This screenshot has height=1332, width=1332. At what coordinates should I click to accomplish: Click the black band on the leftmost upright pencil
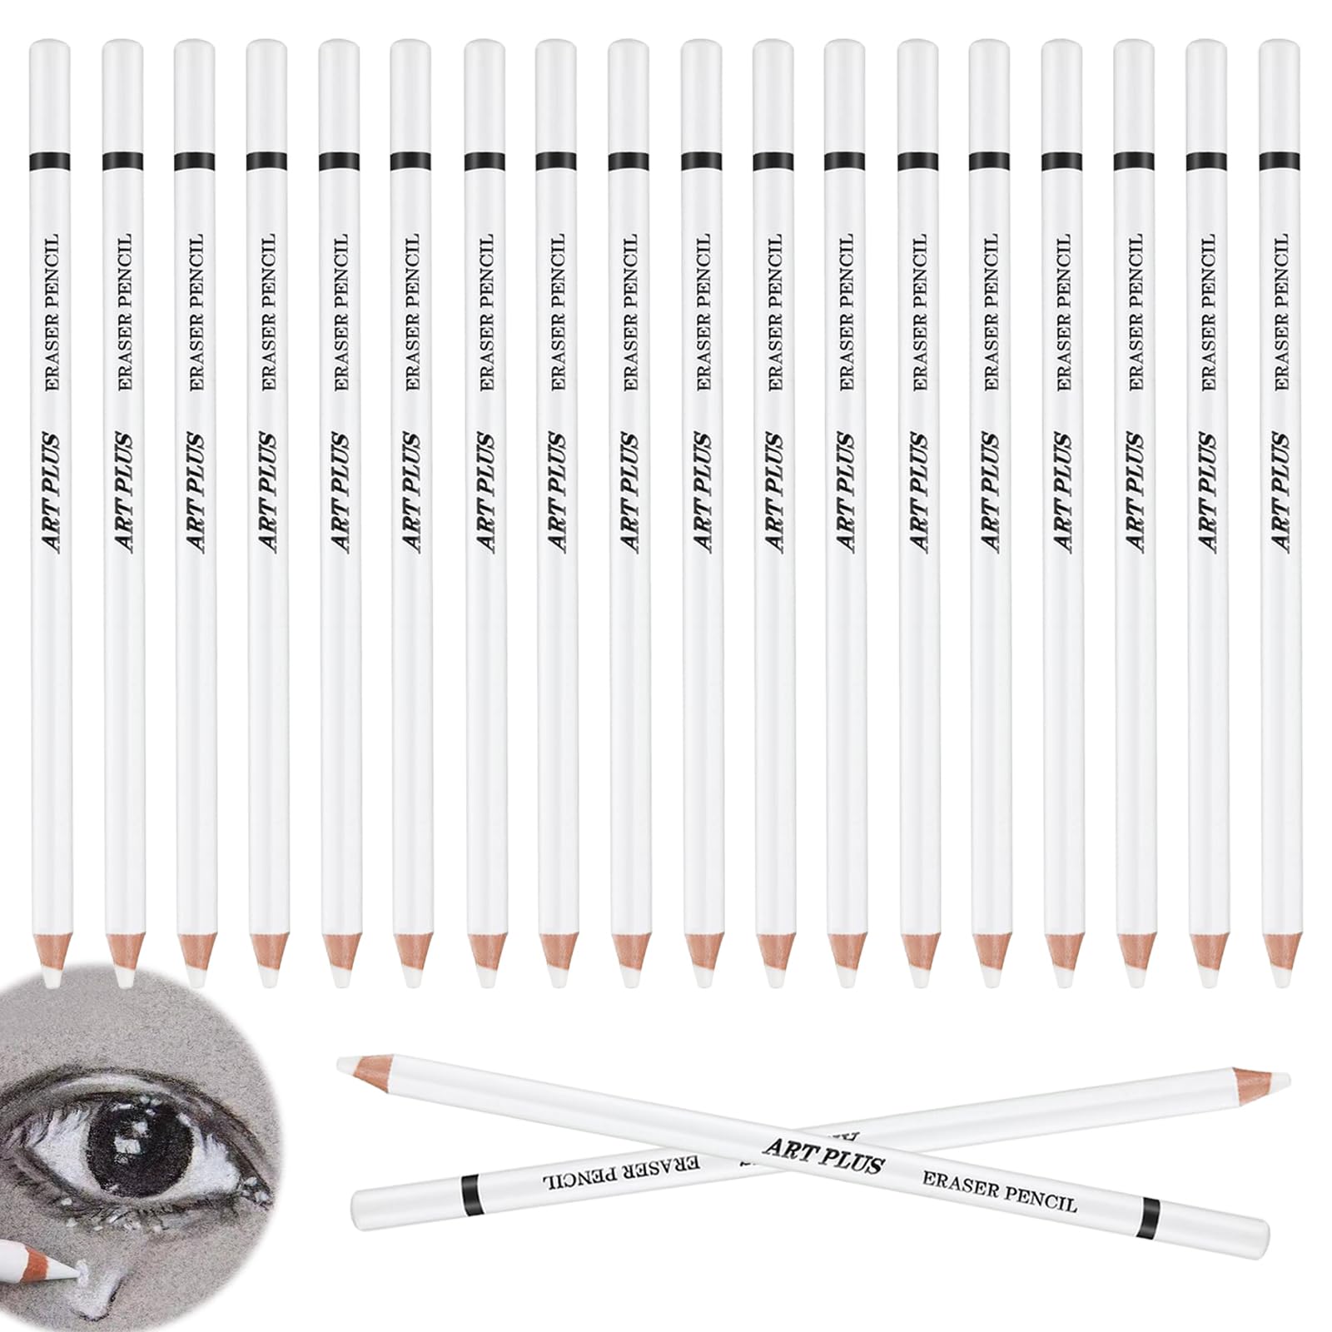pyautogui.click(x=49, y=158)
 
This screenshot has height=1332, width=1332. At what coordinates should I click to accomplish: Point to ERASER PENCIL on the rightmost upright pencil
pyautogui.click(x=1280, y=312)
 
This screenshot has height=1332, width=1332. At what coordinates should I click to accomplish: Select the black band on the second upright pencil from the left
pyautogui.click(x=122, y=158)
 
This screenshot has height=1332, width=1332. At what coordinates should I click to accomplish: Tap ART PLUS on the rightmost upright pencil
pyautogui.click(x=1280, y=491)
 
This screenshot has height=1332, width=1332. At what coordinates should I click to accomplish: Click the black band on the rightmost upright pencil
pyautogui.click(x=1280, y=158)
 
